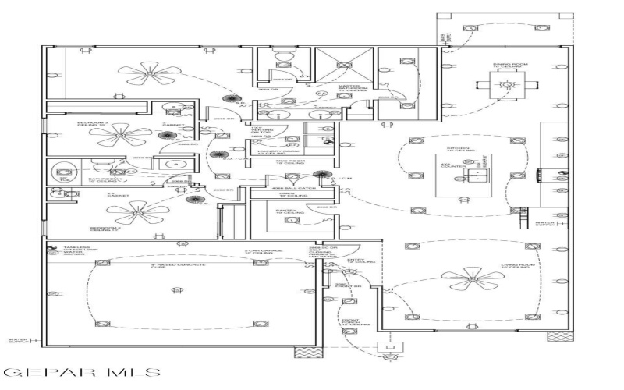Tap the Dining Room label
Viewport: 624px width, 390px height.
click(502, 66)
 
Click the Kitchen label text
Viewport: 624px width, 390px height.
click(458, 149)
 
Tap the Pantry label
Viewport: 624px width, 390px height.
click(284, 211)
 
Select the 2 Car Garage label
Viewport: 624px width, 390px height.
click(256, 252)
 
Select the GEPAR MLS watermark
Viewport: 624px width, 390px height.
click(83, 373)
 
